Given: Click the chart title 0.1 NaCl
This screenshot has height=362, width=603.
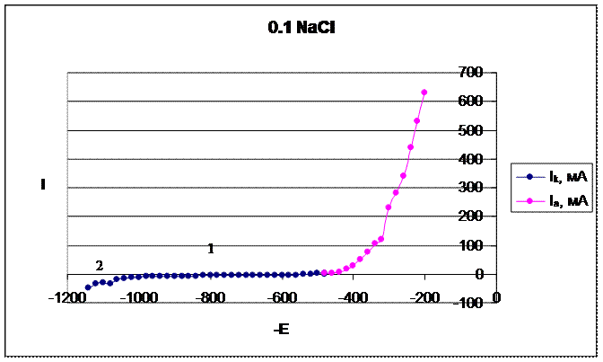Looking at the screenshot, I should click(x=301, y=28).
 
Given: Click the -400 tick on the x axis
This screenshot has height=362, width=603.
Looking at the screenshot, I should click(x=354, y=297).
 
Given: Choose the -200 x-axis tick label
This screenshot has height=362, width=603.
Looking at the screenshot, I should click(x=425, y=297).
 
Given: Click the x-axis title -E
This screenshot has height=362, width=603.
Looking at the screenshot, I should click(x=281, y=331).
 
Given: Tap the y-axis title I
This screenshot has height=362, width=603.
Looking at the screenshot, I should click(x=42, y=185).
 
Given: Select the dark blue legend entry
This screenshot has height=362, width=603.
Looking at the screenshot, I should click(x=550, y=178).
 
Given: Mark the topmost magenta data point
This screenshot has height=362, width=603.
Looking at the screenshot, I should click(x=424, y=93).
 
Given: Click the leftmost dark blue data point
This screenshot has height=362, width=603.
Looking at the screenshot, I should click(x=88, y=287).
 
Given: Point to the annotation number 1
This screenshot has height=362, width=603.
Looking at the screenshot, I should click(x=211, y=249).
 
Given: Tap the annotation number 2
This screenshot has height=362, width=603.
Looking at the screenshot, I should click(x=100, y=265).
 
